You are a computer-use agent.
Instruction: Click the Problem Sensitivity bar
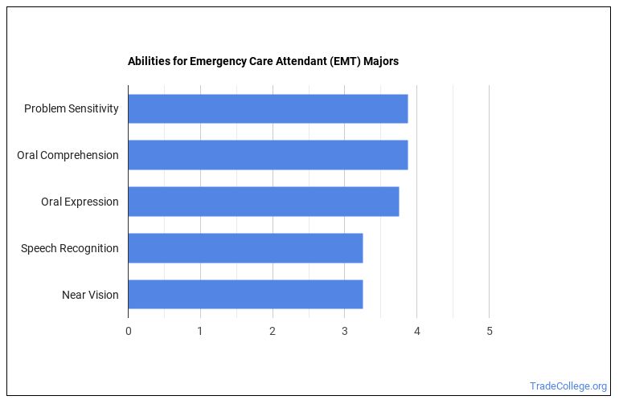pos(268,108)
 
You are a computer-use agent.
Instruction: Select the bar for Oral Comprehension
pos(268,155)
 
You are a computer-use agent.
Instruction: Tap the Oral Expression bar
pos(263,202)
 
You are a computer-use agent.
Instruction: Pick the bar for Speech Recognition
pos(245,248)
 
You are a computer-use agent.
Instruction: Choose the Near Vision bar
pos(245,295)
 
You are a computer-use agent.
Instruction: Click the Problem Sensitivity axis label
pos(71,108)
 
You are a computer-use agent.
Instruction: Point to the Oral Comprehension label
pos(68,155)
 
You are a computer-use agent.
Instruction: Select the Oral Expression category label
pos(80,202)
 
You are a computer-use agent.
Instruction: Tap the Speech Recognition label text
pos(70,248)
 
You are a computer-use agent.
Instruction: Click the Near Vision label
pos(90,295)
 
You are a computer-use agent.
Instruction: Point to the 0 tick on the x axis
pos(128,331)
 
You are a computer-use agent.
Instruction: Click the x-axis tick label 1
pos(200,331)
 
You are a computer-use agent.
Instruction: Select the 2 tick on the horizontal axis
pos(273,331)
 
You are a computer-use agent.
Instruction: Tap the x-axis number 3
pos(345,331)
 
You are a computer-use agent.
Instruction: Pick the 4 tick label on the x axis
pos(417,331)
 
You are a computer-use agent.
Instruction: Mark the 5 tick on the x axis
pos(490,331)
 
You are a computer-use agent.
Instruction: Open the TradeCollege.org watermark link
pos(568,386)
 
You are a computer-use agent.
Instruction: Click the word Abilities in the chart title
pos(149,61)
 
